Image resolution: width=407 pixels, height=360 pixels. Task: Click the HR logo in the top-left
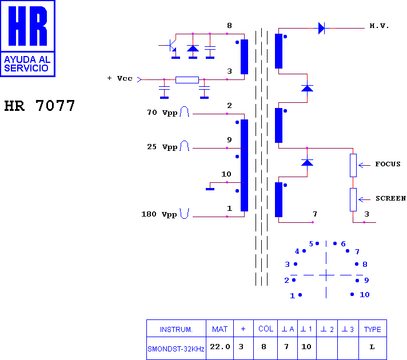point(27,38)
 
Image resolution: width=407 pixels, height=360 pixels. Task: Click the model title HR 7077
point(39,106)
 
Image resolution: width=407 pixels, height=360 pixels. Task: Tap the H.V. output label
point(379,26)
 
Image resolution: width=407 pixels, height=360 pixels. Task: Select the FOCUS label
point(388,164)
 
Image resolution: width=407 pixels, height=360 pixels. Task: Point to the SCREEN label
point(390,198)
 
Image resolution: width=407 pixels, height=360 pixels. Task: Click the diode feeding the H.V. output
point(322,28)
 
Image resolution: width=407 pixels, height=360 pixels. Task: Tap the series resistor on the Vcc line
point(187,79)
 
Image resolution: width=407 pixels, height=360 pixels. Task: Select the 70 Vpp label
point(162,113)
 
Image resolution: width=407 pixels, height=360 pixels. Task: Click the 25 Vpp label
point(162,147)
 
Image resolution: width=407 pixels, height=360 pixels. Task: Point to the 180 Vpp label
point(159,214)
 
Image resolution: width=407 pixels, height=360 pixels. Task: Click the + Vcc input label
point(119,78)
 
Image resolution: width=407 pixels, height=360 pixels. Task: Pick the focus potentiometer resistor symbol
point(353,165)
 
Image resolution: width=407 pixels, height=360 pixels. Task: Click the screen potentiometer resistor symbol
point(353,199)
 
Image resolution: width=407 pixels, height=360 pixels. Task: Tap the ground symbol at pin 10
point(210,189)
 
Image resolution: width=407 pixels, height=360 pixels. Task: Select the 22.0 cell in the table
point(220,347)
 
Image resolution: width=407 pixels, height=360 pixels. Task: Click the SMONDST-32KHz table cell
point(176,349)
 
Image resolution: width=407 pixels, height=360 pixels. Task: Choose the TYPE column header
point(373,329)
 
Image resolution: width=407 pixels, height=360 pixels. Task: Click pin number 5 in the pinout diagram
point(311,244)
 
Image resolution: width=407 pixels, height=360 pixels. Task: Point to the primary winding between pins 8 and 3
point(244,57)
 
